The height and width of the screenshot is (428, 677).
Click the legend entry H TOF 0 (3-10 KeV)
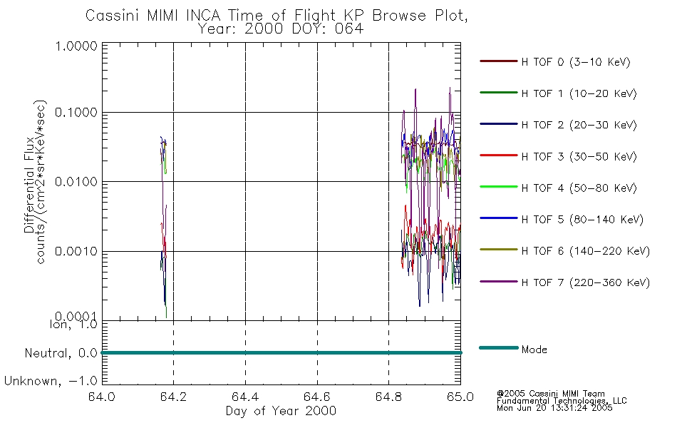pos(576,62)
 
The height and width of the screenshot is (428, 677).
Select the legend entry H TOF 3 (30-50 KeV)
pos(579,156)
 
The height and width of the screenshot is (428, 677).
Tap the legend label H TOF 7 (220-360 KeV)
pos(586,282)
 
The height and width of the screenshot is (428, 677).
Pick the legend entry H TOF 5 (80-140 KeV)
pos(582,220)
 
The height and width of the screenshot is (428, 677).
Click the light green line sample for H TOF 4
pos(499,187)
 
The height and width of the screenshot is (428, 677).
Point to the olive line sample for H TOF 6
pos(499,250)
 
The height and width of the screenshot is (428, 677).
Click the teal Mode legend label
pos(534,350)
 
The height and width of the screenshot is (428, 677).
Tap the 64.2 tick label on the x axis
pos(173,397)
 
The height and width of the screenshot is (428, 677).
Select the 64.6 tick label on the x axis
pos(317,397)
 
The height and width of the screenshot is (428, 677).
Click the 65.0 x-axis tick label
pos(460,397)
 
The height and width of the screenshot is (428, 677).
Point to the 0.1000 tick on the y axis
pos(76,113)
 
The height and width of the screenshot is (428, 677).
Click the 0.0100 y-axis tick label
pos(76,182)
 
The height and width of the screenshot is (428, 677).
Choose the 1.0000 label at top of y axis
pos(76,46)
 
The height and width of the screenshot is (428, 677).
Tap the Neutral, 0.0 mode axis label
pos(61,354)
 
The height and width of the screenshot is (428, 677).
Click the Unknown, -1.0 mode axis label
pos(51,382)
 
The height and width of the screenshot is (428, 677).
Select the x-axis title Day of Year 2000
pos(281,411)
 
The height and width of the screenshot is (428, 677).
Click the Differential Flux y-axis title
pos(29,185)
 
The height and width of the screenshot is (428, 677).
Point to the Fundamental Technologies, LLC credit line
pos(562,401)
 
